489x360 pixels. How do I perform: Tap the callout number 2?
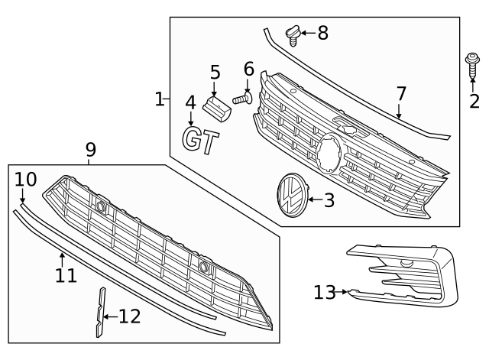coord(474,100)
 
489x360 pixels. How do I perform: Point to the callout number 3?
coord(329,201)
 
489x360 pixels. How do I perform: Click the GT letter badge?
coord(200,140)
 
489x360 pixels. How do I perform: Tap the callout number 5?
coord(215,73)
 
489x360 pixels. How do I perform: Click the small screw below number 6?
coord(244,99)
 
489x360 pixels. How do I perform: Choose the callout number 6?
coord(248,70)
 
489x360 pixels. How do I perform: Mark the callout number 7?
coord(400,95)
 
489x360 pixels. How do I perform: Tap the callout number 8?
coord(322,33)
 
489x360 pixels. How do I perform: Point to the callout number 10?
coord(25,179)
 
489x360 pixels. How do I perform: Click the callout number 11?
coord(66,274)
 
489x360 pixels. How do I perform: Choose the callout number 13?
coord(324,291)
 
